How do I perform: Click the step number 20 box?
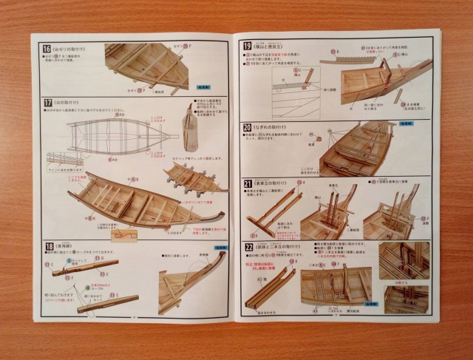tap(248, 127)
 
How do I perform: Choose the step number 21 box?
tap(248, 182)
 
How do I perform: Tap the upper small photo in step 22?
tap(404, 259)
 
